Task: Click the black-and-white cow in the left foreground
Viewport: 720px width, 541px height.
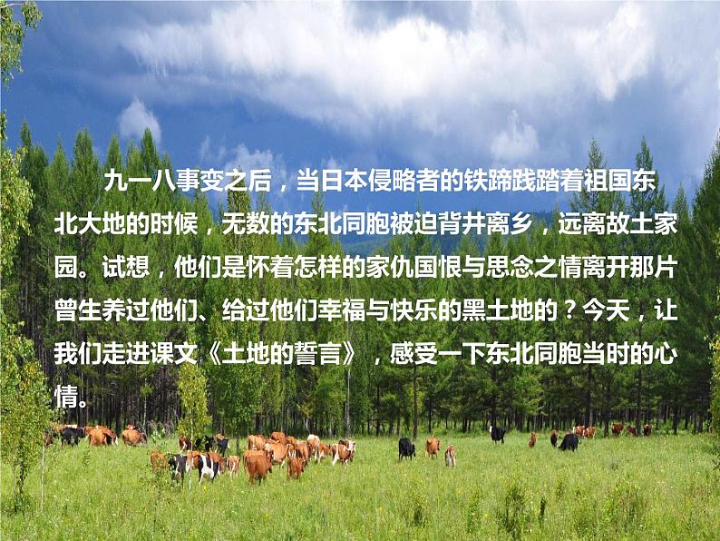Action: (x=206, y=465)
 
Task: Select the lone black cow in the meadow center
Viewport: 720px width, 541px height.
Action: (x=406, y=448)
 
